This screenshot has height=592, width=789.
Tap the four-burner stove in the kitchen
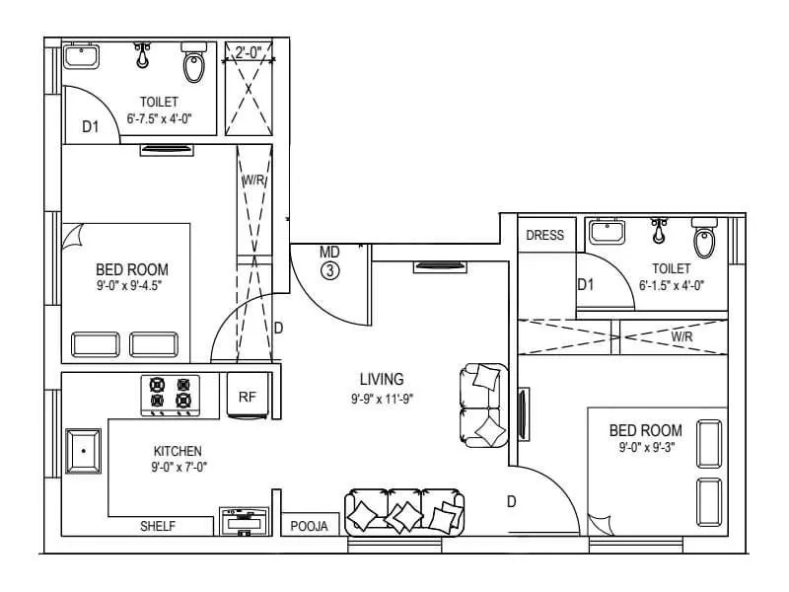(169, 393)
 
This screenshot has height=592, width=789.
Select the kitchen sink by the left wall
(83, 451)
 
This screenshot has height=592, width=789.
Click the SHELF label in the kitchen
(158, 527)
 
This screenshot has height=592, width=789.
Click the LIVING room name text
(382, 379)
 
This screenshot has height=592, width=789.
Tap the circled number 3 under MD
(329, 268)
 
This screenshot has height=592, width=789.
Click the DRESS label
(545, 235)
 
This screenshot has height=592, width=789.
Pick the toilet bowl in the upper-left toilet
(194, 66)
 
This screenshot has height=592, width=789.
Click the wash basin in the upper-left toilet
(80, 56)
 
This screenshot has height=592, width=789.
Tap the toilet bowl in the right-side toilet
(704, 239)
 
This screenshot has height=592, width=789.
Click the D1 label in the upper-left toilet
(91, 126)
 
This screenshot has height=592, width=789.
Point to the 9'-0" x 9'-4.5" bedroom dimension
(131, 286)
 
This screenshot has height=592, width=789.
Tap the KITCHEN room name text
(178, 451)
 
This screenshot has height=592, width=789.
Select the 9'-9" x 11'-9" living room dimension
(382, 400)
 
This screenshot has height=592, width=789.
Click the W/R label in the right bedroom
(681, 336)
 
